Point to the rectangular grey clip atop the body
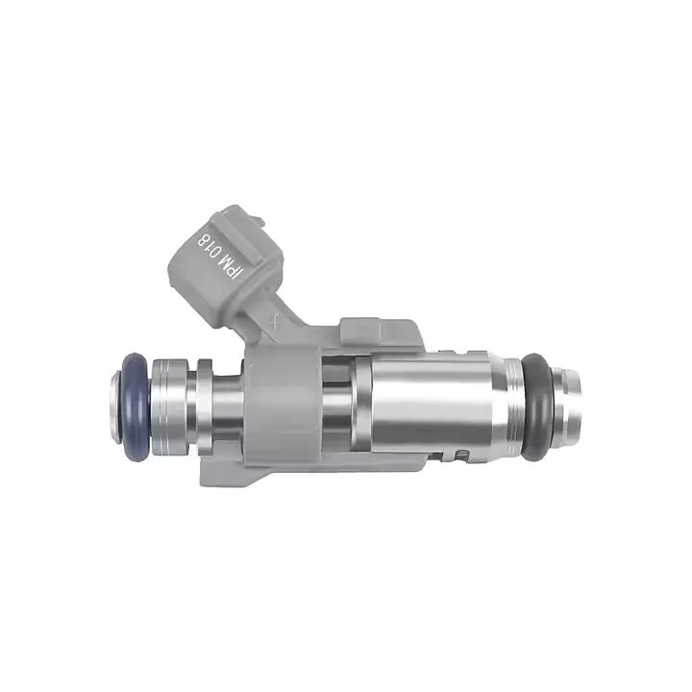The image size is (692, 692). point(380,331)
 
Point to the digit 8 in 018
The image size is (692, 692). point(204,235)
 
